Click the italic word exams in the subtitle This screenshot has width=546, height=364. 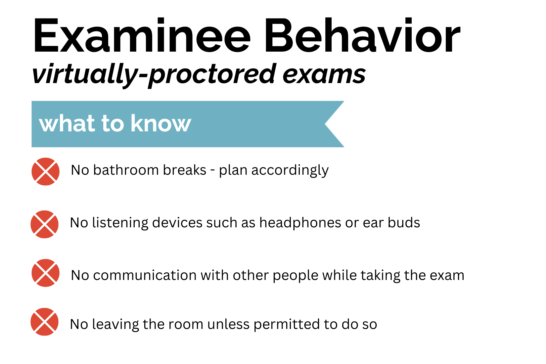pos(324,74)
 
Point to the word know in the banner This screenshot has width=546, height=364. pos(161,123)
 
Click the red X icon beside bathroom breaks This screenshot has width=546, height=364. pos(46,171)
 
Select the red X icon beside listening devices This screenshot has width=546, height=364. pos(45,224)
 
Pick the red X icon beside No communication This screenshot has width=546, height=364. pos(46,273)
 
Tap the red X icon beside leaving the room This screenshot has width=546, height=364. pos(45,322)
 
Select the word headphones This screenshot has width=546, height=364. pos(300,223)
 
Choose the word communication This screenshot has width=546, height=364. pos(145,275)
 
